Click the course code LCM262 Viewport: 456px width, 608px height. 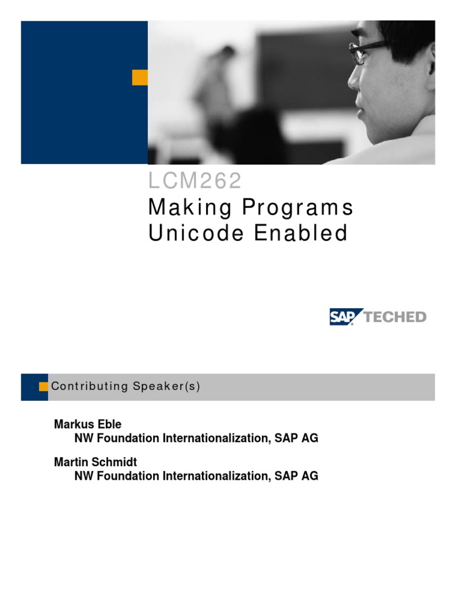[x=195, y=182]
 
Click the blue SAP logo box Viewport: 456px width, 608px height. [x=343, y=316]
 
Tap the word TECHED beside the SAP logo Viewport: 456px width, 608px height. [x=395, y=317]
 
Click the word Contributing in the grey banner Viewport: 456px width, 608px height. [x=89, y=387]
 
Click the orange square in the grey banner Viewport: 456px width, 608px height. [x=43, y=387]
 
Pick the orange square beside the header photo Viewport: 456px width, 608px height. [x=140, y=77]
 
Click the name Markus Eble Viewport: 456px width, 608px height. [x=87, y=425]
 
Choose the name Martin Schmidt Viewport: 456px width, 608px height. [x=95, y=462]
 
